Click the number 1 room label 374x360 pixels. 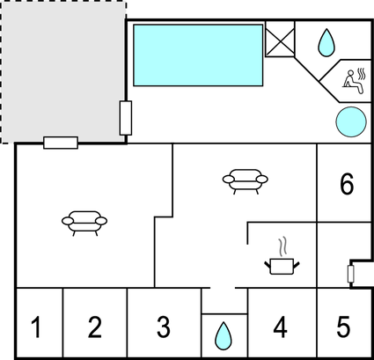coord(36,327)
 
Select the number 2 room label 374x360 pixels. coord(95,327)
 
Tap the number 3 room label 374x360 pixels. coord(164,327)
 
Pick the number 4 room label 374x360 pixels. coord(280,327)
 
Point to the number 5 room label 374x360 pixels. coord(343,327)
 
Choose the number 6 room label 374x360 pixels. coord(347,184)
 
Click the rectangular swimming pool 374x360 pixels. coord(198,55)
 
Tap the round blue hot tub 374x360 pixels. coord(351,121)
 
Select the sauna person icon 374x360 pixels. coord(355,81)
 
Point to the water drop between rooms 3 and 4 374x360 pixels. coord(224,336)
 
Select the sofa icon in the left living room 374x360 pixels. coord(84,223)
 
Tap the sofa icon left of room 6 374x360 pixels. coord(246,181)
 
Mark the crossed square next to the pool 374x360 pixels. coord(280,39)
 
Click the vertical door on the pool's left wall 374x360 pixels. coord(126,118)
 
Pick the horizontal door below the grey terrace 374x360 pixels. coord(61,143)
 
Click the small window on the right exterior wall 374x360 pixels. coord(350,274)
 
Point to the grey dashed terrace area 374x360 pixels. coord(63,72)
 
